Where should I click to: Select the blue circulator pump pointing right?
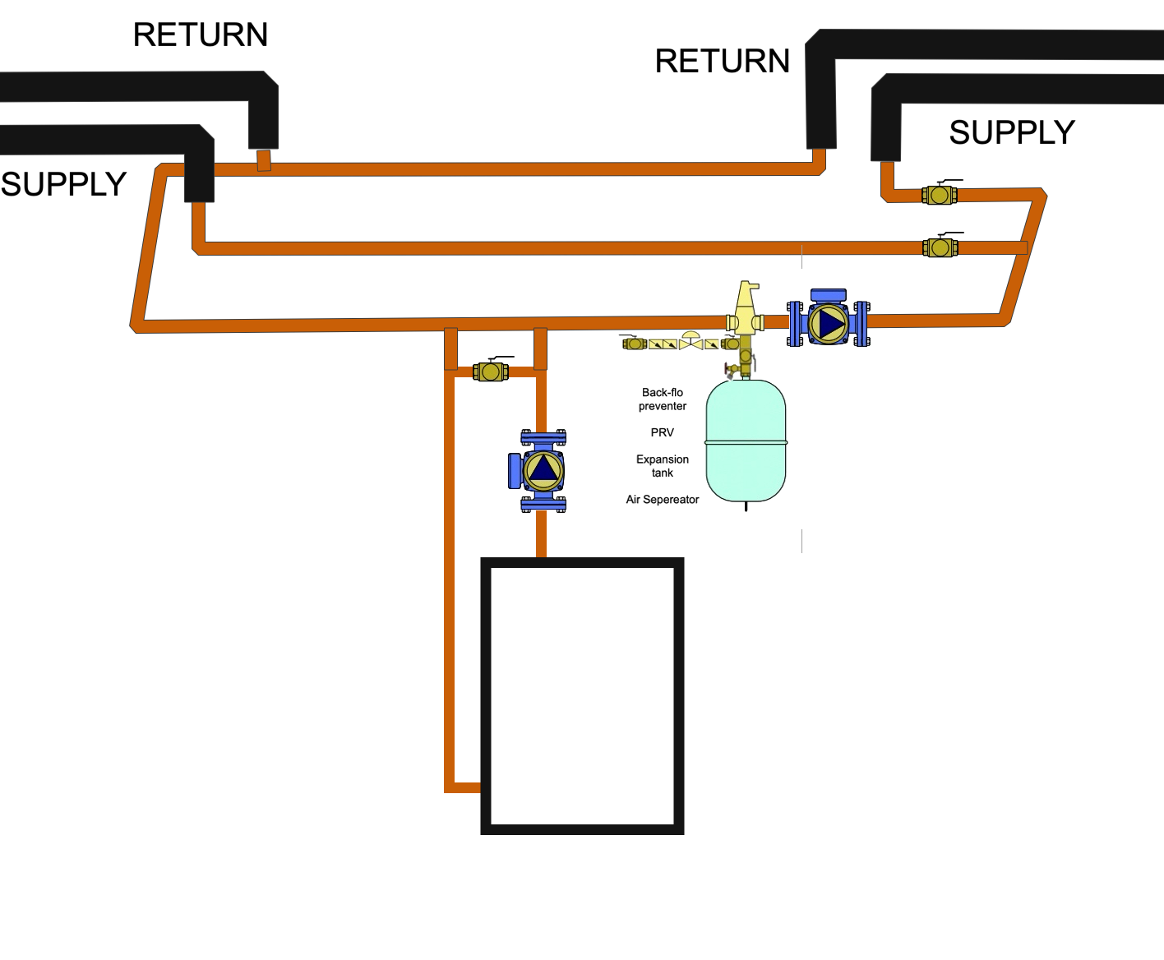(828, 323)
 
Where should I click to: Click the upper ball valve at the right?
(940, 195)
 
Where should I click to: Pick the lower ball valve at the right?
(940, 247)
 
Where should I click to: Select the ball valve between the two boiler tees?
(492, 372)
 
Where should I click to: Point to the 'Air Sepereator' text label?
(663, 500)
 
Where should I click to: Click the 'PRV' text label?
(662, 432)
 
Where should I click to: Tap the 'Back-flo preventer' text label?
(663, 399)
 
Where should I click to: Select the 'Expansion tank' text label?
(663, 466)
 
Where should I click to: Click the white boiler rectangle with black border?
(582, 695)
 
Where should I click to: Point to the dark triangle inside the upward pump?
(543, 468)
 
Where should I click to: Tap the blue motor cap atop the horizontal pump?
(828, 295)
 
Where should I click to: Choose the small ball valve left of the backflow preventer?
(635, 344)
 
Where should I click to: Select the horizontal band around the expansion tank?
(746, 442)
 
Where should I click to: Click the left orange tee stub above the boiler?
(450, 348)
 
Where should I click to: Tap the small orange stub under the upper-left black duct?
(264, 160)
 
